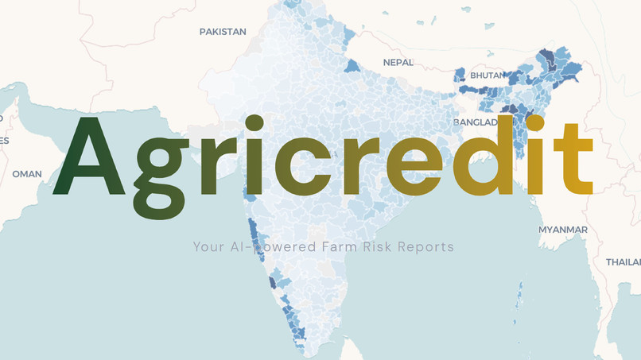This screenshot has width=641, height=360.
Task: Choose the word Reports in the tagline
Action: tap(427, 246)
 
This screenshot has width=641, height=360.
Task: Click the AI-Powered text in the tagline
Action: tap(270, 246)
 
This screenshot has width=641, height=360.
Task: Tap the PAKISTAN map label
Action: tap(223, 32)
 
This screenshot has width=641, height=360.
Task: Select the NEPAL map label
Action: tap(398, 62)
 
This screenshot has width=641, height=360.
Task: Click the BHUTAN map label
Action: tap(487, 75)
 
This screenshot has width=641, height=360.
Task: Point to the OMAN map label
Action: tap(26, 174)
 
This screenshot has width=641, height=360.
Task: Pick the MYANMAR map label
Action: tap(563, 230)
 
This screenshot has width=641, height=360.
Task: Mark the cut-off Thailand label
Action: tap(624, 261)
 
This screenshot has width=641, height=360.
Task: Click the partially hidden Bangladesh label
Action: tap(476, 122)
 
